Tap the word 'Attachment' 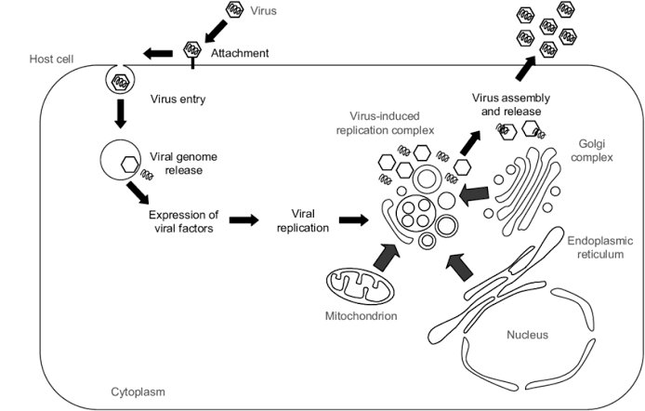[240, 54]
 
